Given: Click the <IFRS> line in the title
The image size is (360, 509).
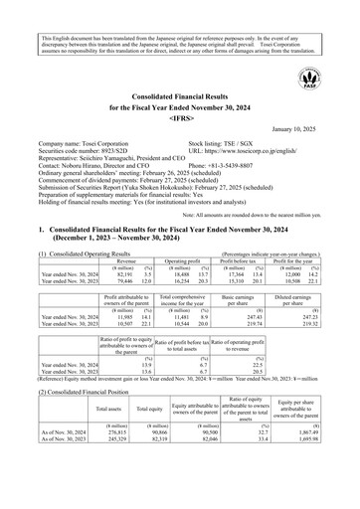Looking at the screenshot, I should [x=179, y=116].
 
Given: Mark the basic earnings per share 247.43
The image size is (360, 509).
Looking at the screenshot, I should [x=232, y=316].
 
